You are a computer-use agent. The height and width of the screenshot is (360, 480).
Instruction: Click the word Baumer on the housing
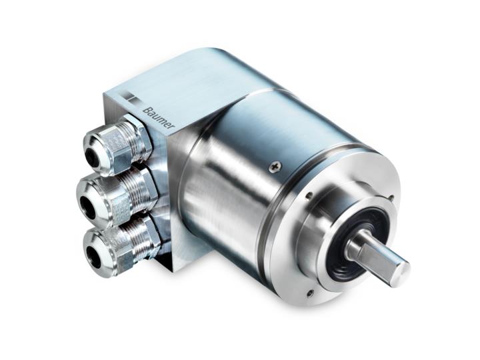click(157, 120)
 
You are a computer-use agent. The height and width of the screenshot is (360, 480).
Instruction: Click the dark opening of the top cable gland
click(92, 154)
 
